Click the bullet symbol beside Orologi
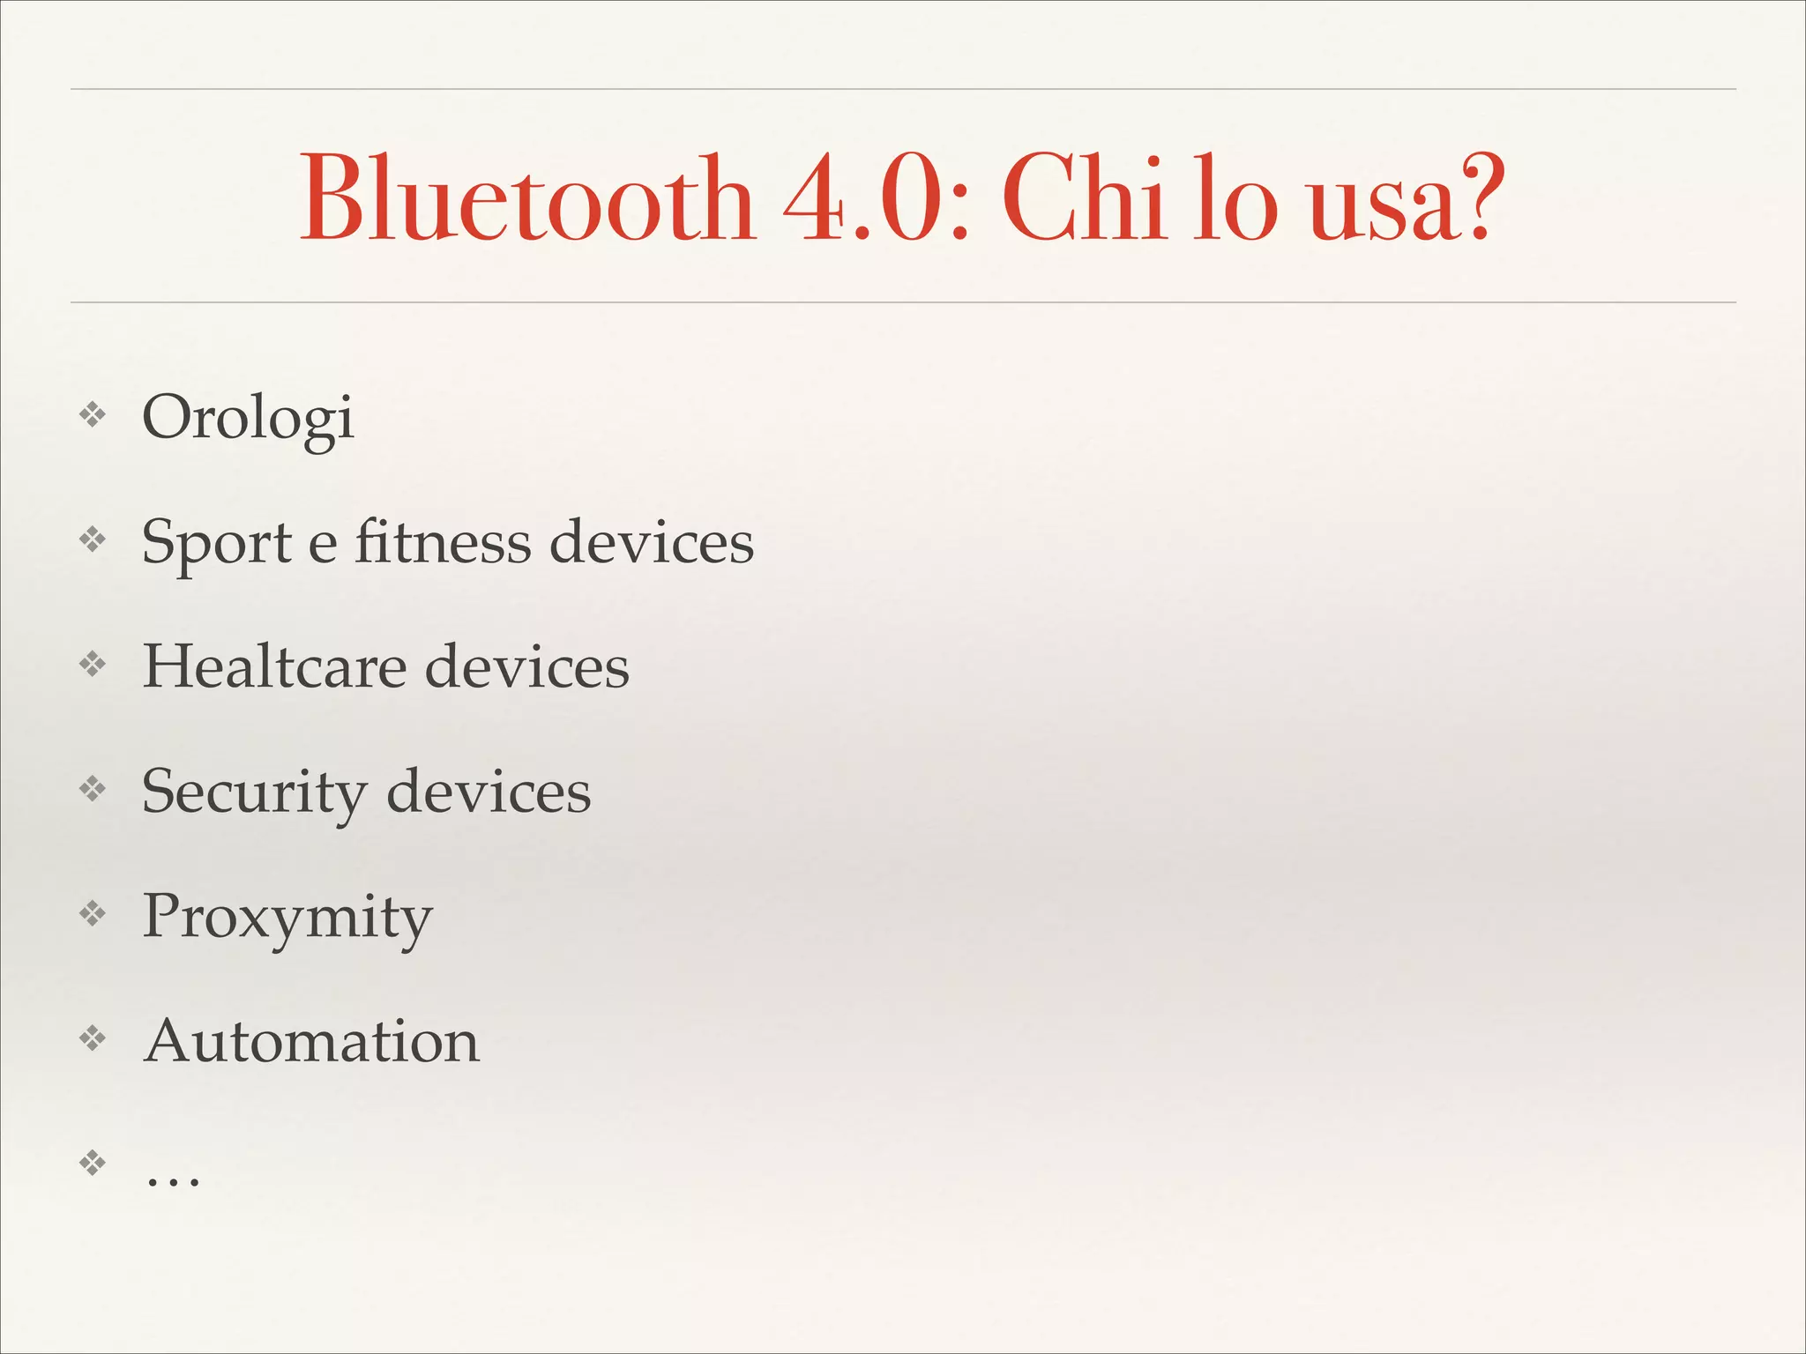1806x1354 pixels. point(93,414)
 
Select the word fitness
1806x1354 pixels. point(443,540)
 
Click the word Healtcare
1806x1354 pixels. point(274,666)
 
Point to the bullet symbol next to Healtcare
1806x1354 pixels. point(93,664)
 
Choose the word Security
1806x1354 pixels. point(253,792)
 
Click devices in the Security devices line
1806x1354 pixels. point(489,791)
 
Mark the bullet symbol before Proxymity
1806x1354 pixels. point(93,913)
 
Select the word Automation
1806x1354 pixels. point(311,1041)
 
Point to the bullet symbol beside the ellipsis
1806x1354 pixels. point(93,1163)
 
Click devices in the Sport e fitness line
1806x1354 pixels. point(652,540)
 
